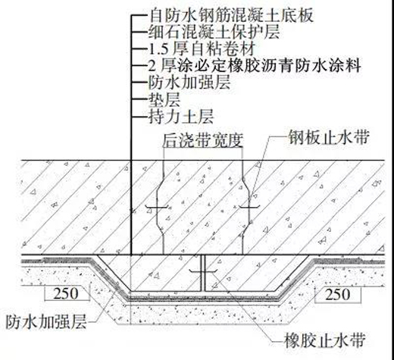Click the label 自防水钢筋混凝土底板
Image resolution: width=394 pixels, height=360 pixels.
coord(231,15)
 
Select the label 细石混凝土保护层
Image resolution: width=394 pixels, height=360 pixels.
coord(214,32)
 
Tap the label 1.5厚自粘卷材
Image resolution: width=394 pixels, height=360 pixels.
coord(202,49)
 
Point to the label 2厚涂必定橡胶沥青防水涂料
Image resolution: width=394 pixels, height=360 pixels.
coord(255,65)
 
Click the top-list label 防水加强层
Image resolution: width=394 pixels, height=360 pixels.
coord(189,82)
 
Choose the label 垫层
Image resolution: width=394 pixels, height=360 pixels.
coord(164,99)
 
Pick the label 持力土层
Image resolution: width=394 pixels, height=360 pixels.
coord(181,117)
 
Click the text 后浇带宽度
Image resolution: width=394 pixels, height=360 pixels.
coord(202,139)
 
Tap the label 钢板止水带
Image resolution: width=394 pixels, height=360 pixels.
coord(329,137)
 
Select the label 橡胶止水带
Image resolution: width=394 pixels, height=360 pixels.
coord(325,340)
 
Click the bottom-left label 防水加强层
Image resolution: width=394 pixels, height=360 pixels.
coord(46,321)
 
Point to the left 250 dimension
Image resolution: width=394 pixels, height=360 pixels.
coord(66,293)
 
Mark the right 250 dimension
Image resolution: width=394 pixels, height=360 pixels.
coord(338,294)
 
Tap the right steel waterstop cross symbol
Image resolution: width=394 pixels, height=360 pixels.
coord(249,208)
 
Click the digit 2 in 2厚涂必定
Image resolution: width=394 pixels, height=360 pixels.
coord(152,66)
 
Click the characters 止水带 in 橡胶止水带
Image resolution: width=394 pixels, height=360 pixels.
coord(341,340)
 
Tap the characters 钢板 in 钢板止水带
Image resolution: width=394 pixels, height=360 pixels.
coord(305,137)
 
